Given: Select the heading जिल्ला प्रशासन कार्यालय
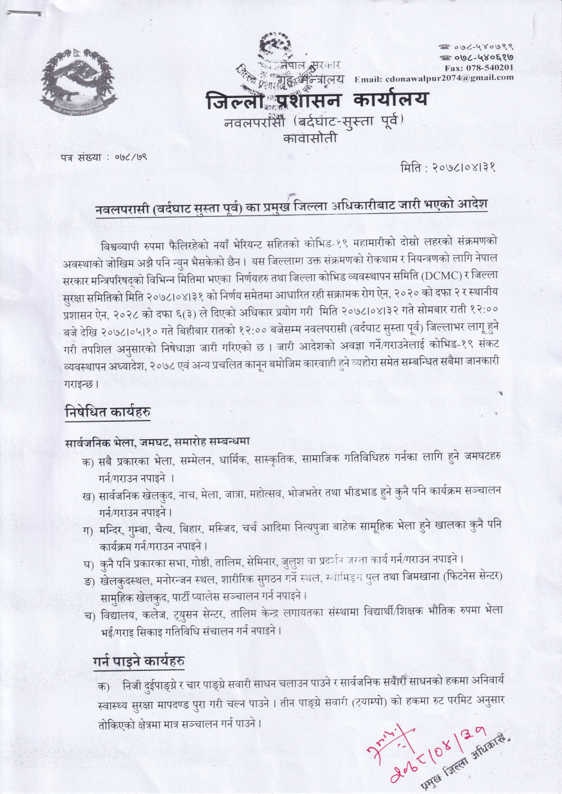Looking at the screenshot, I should (316, 100).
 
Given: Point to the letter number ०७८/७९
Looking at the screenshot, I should (127, 158).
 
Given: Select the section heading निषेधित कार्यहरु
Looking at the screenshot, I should (107, 412).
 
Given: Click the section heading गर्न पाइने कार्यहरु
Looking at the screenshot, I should (138, 661).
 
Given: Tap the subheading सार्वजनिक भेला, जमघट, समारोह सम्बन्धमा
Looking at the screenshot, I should (157, 442).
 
